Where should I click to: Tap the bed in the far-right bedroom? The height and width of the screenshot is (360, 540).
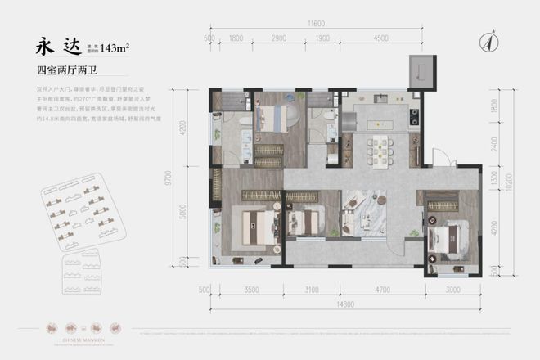pyautogui.click(x=447, y=239)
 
